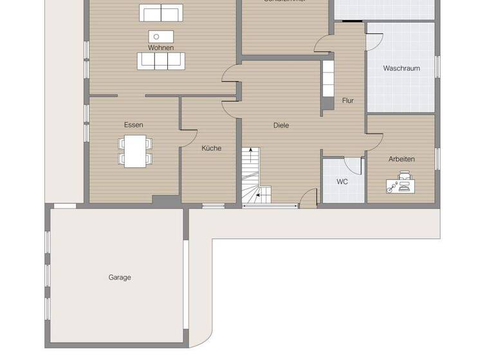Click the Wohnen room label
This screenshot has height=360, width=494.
click(160, 48)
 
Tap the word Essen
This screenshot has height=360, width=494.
click(134, 125)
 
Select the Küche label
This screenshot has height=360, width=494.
click(211, 148)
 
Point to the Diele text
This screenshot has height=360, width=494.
click(281, 125)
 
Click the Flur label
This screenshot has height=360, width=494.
click(348, 100)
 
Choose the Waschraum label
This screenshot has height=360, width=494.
click(401, 68)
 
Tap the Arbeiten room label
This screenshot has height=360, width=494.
click(401, 159)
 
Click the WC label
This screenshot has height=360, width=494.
click(342, 182)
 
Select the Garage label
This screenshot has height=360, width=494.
click(120, 278)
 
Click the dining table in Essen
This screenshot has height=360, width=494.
click(135, 152)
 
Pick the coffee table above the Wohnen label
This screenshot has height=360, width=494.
click(160, 36)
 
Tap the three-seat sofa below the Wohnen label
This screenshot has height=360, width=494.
click(160, 60)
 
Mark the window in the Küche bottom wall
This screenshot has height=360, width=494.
click(214, 206)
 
